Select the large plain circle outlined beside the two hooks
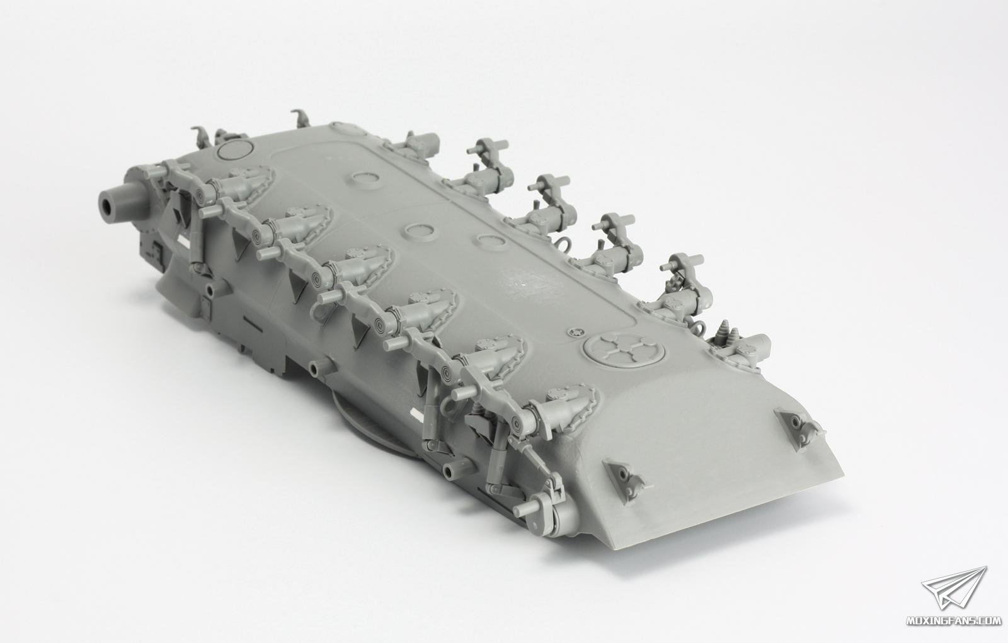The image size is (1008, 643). pyautogui.click(x=234, y=150)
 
